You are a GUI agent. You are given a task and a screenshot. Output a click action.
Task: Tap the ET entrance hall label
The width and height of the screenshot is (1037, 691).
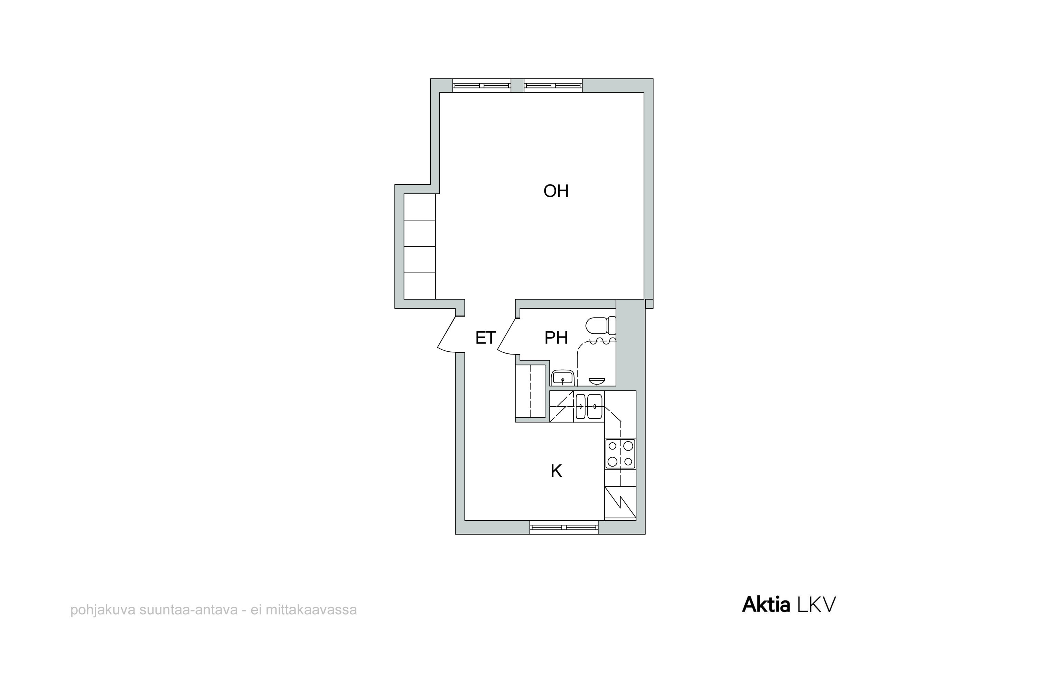[x=485, y=338]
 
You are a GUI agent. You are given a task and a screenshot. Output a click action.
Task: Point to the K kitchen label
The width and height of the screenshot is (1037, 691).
[x=557, y=471]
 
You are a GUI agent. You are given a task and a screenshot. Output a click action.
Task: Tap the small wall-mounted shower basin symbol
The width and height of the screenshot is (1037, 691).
[x=597, y=381]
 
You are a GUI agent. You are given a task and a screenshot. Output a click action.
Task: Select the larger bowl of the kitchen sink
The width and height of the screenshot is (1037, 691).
[x=595, y=406]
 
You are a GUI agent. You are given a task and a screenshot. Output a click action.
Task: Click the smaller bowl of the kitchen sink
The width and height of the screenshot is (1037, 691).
[x=581, y=406]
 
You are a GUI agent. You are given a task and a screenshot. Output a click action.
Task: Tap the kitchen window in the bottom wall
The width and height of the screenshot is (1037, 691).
[x=563, y=527]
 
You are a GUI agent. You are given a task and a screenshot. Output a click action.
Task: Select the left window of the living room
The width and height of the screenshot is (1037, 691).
[x=482, y=85]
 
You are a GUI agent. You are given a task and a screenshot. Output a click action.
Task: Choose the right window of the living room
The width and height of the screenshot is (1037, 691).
[x=553, y=85]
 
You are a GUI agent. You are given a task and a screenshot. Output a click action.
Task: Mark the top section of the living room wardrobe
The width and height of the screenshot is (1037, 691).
[x=420, y=207]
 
